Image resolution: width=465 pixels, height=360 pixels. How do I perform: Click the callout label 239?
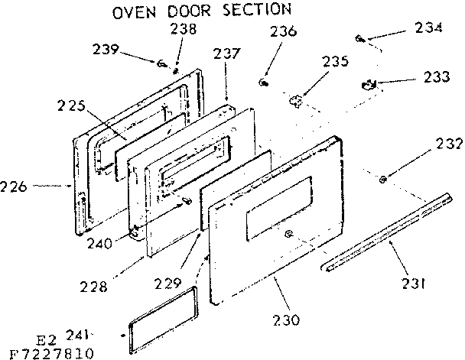coord(106,50)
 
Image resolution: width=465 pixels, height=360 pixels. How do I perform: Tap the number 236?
coord(283,32)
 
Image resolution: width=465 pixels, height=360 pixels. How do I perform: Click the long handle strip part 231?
coord(386,231)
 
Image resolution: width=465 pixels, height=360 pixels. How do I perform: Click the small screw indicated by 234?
coord(359,37)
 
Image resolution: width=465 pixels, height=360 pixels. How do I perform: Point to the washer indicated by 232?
coord(382,180)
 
